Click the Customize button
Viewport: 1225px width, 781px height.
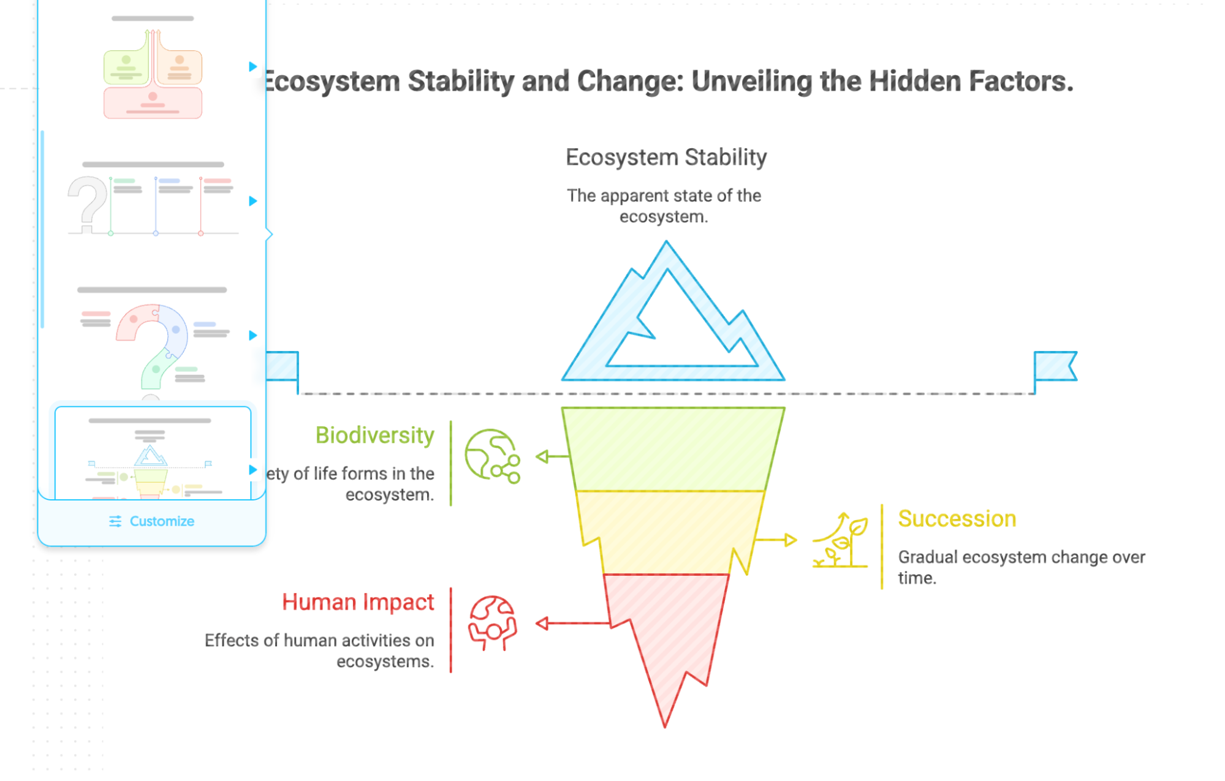[x=152, y=521]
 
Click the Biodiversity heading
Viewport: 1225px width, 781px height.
[x=374, y=436]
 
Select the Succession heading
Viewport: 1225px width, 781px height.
[x=957, y=519]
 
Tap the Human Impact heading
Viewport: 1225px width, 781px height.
[x=358, y=602]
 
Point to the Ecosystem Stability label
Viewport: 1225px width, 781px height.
[x=666, y=157]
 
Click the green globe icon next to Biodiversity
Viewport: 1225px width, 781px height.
[x=492, y=456]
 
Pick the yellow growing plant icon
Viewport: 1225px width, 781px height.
[x=840, y=540]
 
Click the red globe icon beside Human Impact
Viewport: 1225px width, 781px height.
[x=492, y=623]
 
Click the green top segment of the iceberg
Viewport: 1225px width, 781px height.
[x=672, y=448]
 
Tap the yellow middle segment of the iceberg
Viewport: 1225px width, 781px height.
[x=671, y=532]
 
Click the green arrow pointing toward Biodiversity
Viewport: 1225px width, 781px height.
[x=552, y=456]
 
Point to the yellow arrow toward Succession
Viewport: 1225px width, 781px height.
[x=777, y=540]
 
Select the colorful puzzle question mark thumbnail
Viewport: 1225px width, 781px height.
[x=153, y=343]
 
